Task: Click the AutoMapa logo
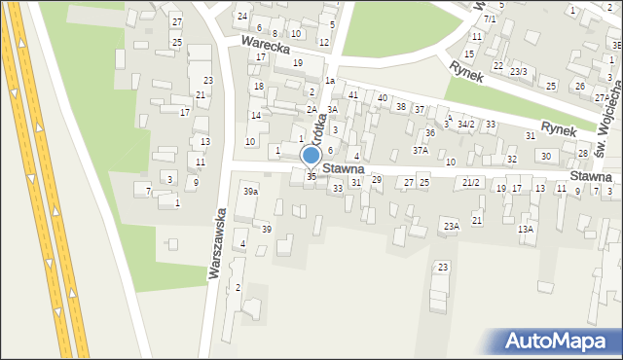coord(561,341)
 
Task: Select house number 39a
coord(251,192)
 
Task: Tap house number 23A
coord(451,226)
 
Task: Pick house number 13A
coord(526,230)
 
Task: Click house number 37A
coord(420,151)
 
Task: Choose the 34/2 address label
coord(466,125)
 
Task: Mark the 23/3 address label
coord(519,71)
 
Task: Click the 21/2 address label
coord(472,183)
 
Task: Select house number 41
coord(353,95)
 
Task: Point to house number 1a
coord(330,81)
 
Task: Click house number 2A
coord(311,110)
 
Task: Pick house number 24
coord(242,17)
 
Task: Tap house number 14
coord(255,116)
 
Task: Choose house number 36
coord(429,132)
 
